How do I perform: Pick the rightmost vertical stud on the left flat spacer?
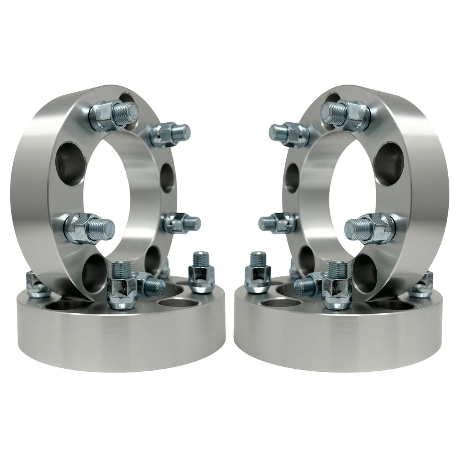point(201,271)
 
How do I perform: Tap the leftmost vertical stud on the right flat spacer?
point(259,271)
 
